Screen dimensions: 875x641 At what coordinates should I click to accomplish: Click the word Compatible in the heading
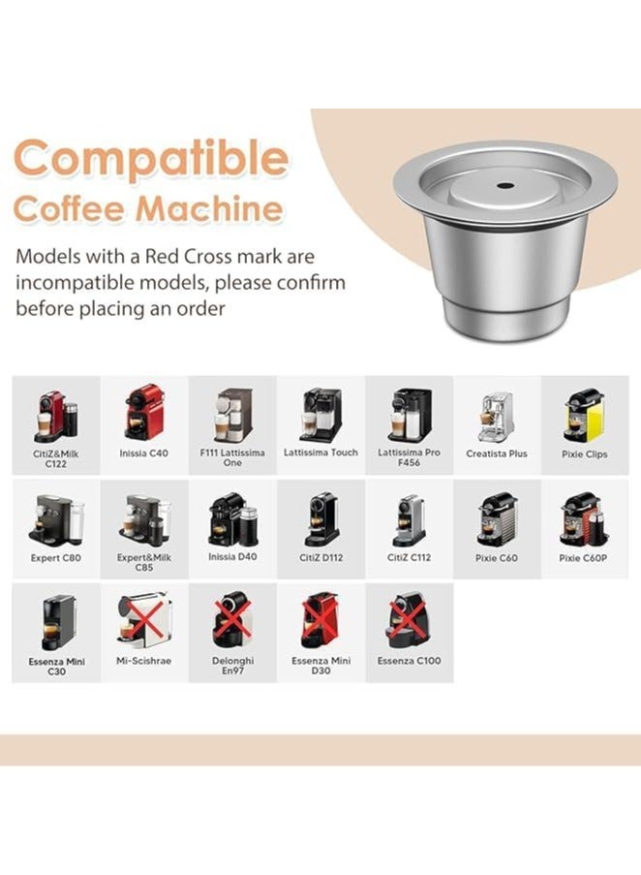(151, 157)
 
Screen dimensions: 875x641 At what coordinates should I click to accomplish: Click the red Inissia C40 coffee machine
(144, 412)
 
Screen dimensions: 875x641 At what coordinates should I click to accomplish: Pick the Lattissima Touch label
(320, 453)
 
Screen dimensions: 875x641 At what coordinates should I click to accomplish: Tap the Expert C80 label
(55, 558)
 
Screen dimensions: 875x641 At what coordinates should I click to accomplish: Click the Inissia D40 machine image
(232, 519)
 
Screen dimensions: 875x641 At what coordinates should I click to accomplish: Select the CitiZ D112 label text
(320, 558)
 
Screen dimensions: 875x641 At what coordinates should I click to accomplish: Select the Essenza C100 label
(409, 661)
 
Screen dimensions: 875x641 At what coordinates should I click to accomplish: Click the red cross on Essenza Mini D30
(320, 620)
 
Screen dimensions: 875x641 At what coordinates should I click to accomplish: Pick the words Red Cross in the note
(194, 257)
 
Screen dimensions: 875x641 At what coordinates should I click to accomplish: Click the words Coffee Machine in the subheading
(149, 208)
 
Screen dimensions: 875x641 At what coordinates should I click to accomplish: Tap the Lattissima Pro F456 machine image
(409, 415)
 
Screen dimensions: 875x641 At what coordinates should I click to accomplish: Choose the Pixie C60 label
(496, 558)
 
